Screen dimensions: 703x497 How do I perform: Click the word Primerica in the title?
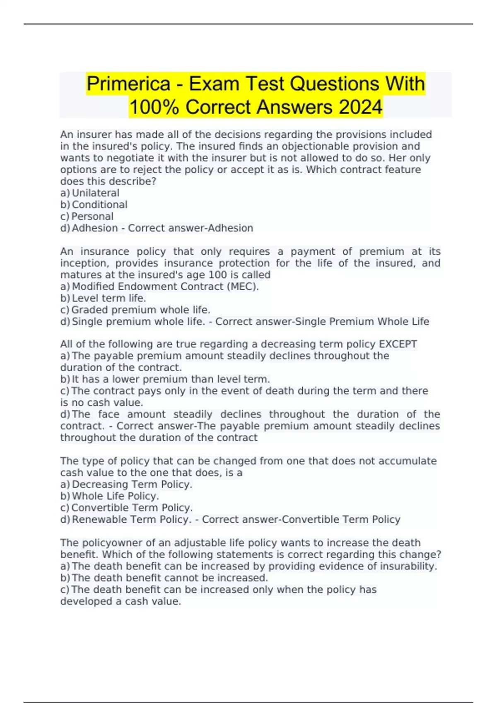(x=128, y=84)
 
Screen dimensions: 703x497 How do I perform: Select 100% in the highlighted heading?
(x=154, y=107)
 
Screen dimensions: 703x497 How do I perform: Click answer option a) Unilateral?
(x=90, y=193)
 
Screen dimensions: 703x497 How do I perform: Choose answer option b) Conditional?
(x=94, y=205)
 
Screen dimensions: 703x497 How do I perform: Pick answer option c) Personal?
(x=87, y=216)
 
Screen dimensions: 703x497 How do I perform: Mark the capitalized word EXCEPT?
(x=398, y=344)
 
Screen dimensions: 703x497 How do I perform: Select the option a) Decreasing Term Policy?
(x=127, y=484)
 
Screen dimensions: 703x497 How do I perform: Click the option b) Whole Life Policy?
(x=110, y=496)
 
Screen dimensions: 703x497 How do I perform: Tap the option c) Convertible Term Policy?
(x=127, y=507)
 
